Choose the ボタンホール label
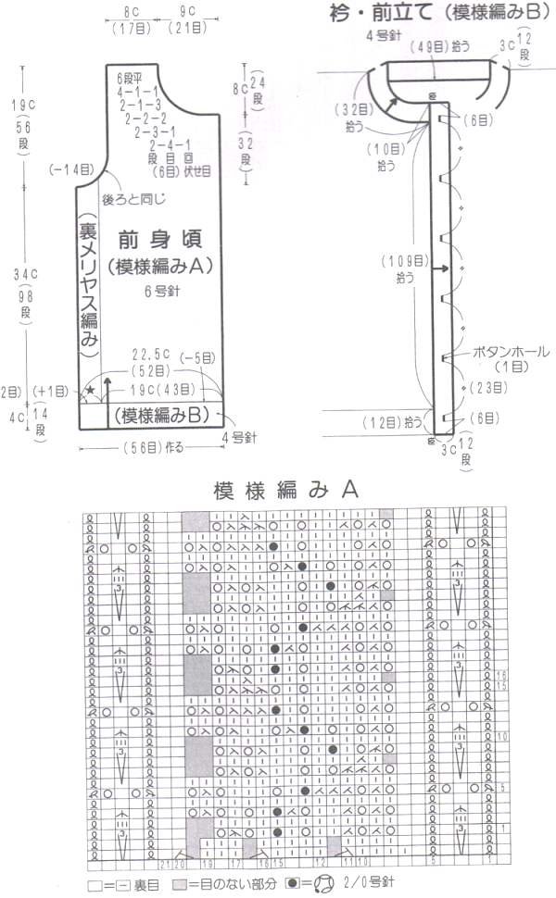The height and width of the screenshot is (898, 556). pyautogui.click(x=512, y=352)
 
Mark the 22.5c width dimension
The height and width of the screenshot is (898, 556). pyautogui.click(x=151, y=353)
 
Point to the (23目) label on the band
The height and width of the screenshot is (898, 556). pyautogui.click(x=487, y=387)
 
